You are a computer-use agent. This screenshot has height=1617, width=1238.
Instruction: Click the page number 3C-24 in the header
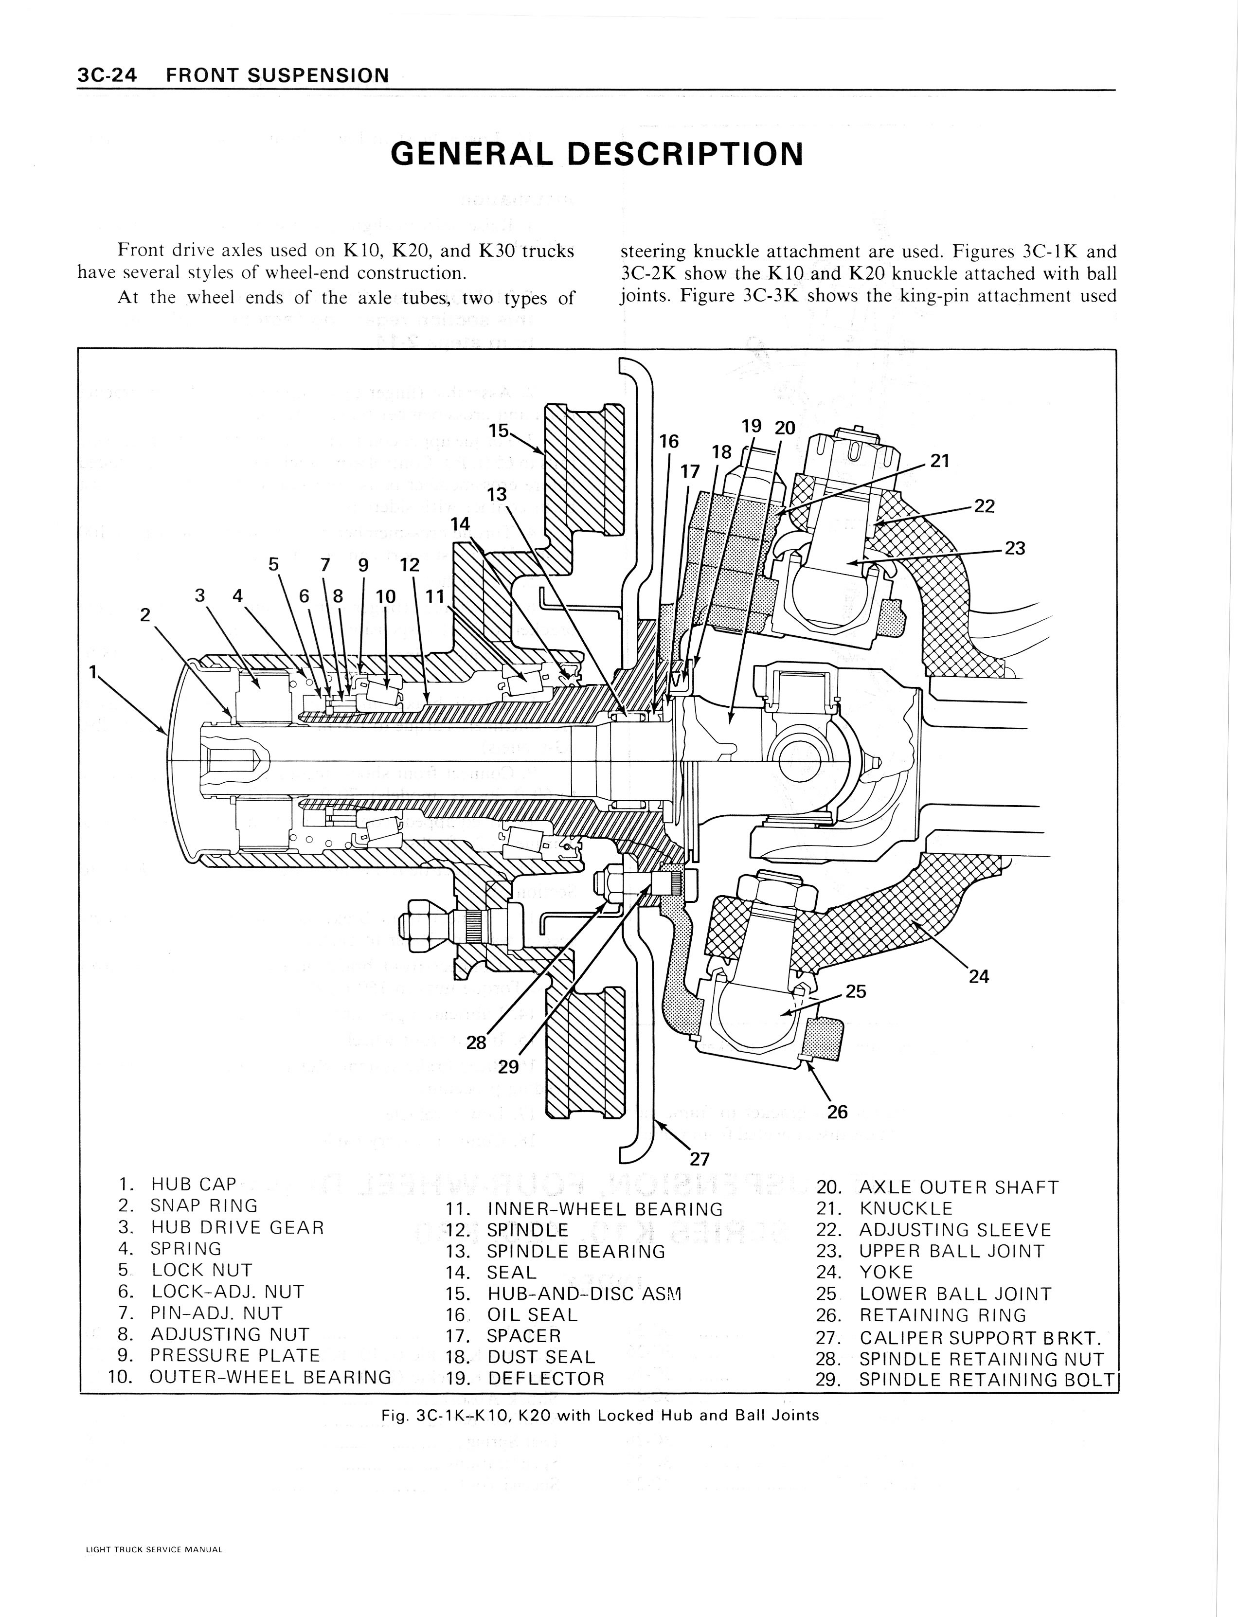tap(107, 75)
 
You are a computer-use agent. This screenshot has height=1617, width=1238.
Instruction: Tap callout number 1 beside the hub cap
tap(93, 671)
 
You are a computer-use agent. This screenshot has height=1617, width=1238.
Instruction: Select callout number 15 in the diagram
tap(499, 431)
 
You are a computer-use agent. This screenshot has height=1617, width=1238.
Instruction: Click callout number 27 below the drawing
tap(700, 1159)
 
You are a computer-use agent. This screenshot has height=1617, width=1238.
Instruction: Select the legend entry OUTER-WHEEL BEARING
tap(269, 1377)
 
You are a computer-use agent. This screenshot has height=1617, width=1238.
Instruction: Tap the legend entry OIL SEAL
tap(532, 1315)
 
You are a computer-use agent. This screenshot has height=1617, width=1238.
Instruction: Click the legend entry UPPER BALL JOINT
tap(951, 1252)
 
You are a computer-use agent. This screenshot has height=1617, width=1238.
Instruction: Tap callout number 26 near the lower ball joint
tap(837, 1112)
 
